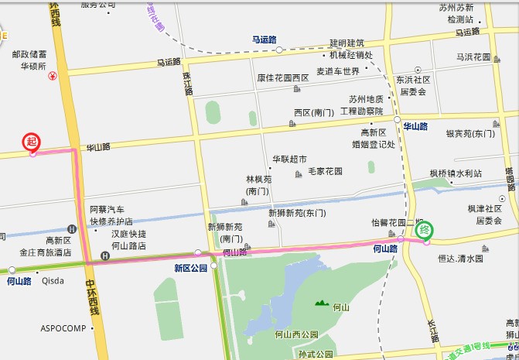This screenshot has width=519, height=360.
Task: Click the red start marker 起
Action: [x=32, y=141]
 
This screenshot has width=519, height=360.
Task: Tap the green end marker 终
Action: [x=424, y=231]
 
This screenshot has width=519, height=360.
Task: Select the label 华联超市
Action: [x=289, y=159]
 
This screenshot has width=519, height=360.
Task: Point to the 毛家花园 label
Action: [x=325, y=171]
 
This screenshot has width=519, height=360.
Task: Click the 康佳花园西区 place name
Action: [x=283, y=78]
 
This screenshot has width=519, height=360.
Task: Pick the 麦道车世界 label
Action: [x=338, y=71]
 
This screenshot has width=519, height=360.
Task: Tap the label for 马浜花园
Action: [x=473, y=57]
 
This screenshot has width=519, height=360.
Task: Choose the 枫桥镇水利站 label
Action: [x=456, y=173]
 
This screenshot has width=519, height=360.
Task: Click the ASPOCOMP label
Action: [x=63, y=328]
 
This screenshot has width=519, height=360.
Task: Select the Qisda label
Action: [x=53, y=281]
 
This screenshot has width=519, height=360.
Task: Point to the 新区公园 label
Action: [x=190, y=269]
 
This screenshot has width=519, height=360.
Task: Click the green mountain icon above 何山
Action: [x=320, y=301]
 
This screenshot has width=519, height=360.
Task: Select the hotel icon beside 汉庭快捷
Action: [x=105, y=256]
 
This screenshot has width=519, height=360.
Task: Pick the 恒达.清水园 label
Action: [x=463, y=259]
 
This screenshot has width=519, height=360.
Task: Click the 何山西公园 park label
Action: [x=296, y=334]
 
